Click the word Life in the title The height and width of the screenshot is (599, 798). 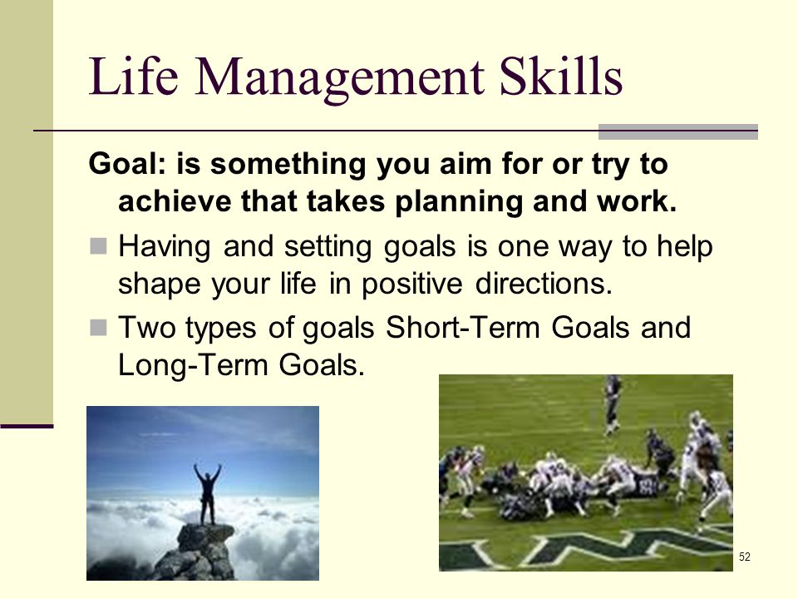click(x=133, y=76)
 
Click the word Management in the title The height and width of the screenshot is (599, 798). click(x=339, y=80)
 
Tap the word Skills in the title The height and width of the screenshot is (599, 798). click(x=561, y=76)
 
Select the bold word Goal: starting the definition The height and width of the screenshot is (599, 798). click(x=127, y=164)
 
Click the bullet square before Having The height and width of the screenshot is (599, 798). click(x=98, y=246)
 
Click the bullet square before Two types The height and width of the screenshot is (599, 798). click(x=98, y=328)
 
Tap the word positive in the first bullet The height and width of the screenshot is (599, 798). click(x=411, y=285)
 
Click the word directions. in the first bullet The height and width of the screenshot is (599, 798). click(x=544, y=283)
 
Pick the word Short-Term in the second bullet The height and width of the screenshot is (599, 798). click(x=463, y=327)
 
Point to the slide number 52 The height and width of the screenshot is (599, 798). click(x=745, y=557)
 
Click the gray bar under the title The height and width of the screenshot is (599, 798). click(x=678, y=131)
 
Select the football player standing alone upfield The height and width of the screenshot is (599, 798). click(x=613, y=405)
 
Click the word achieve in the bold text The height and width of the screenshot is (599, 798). click(x=174, y=201)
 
